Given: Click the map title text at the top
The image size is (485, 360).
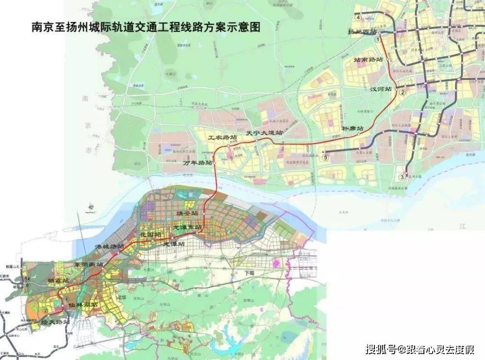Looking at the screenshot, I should (145, 27).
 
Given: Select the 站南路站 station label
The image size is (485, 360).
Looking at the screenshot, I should (369, 60).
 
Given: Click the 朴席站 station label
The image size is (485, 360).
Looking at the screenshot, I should (353, 128).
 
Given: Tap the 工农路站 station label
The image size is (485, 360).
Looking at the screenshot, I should (223, 138).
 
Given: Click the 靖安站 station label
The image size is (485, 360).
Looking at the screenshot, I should (187, 213).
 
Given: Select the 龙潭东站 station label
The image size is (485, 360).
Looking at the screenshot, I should (187, 227).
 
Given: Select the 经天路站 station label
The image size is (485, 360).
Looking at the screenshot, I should (56, 321).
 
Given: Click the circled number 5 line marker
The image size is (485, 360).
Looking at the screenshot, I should (325, 157).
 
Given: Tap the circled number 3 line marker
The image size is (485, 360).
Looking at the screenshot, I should (402, 177).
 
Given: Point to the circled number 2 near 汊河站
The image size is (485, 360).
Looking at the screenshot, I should (402, 92).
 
